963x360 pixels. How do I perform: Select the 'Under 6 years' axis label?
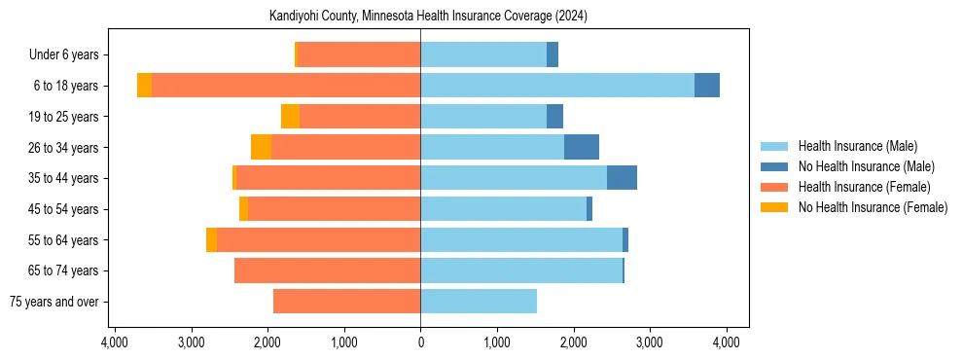70,55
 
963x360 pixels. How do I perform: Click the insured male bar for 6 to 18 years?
557,86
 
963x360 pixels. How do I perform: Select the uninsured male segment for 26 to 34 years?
582,147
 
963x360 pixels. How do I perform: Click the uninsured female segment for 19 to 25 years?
290,117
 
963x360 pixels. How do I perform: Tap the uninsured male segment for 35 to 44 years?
622,178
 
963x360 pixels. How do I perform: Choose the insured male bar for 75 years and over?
479,302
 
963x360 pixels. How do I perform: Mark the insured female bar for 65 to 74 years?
327,270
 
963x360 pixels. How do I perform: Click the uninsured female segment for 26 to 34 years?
261,147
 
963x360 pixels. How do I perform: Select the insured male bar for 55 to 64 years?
521,239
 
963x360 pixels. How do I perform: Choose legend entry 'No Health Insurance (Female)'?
873,207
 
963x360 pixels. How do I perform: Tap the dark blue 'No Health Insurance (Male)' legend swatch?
776,166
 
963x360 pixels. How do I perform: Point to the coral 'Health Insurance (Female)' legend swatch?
776,187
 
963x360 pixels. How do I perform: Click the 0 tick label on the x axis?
420,342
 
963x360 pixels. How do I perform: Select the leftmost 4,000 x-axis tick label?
115,342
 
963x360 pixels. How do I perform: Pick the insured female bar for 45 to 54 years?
334,209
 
